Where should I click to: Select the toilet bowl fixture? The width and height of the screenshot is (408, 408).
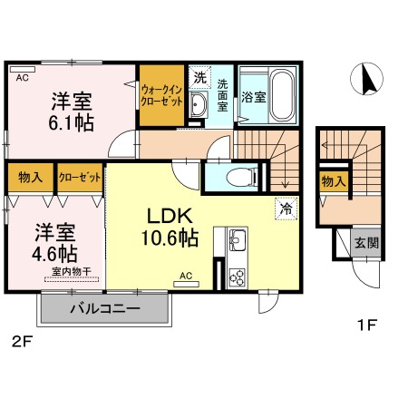point(240,177)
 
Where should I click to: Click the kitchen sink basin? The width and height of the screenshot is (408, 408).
point(238,239)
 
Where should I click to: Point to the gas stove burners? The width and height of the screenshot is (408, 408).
point(237,277)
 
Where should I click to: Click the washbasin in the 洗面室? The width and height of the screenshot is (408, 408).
point(199,104)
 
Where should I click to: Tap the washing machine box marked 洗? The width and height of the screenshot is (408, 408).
point(199,77)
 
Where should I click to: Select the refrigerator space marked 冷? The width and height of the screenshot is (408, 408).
point(286,209)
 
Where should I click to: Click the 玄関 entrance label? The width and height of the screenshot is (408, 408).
point(366,243)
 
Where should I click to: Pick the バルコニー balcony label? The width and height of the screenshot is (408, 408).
point(105,308)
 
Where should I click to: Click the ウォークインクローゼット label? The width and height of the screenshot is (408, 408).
point(161,95)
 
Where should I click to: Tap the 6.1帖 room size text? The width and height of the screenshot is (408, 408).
point(71,122)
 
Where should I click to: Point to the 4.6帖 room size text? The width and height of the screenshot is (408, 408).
point(54,253)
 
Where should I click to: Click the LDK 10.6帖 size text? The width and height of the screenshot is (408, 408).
point(170,238)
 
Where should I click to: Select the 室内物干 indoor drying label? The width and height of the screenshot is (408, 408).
point(72,271)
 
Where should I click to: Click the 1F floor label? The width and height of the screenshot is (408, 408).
point(366,325)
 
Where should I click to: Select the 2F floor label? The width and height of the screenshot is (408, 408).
point(22,342)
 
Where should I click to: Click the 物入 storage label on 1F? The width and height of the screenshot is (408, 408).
point(334,181)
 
